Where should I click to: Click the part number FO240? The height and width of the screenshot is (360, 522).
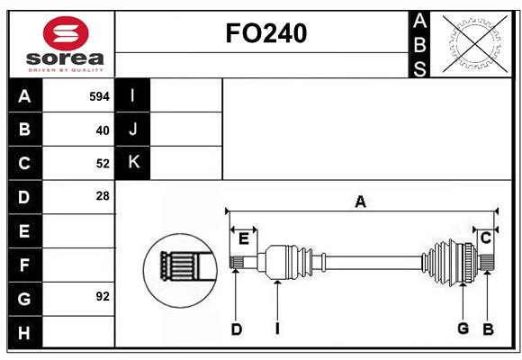265,33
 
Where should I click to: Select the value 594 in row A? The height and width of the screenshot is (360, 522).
99,96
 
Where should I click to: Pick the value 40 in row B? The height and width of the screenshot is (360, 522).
103,130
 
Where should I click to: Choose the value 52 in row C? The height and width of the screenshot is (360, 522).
103,164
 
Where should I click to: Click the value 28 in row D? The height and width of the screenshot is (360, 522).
103,196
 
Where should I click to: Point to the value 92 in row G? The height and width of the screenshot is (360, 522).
103,296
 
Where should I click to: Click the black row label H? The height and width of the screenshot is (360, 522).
24,333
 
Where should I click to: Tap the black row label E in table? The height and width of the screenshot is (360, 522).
24,231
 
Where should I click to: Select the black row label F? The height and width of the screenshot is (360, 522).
24,265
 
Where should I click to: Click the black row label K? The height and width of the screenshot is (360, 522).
133,163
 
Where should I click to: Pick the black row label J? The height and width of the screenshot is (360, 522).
133,130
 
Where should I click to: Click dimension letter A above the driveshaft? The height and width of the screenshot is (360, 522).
360,202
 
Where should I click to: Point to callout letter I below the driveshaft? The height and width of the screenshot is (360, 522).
278,328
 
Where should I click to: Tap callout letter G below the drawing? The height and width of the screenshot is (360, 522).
463,328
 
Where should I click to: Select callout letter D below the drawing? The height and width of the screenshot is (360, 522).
236,328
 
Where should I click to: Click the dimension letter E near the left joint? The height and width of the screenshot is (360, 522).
243,238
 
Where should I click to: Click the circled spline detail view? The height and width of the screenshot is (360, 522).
179,265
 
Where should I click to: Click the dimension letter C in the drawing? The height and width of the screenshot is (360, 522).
485,238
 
